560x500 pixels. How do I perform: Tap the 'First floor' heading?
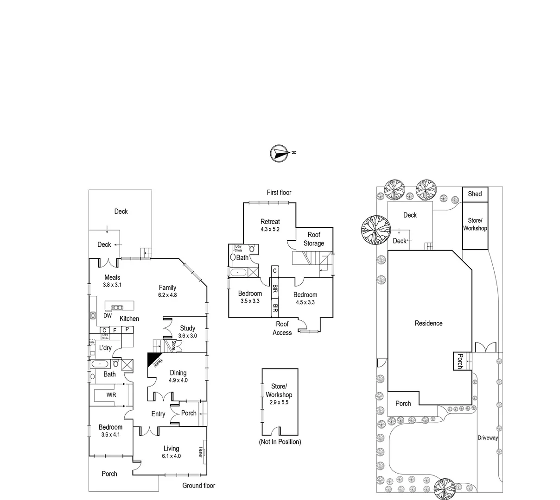[x=279, y=192]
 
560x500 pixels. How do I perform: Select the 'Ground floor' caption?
[x=198, y=485]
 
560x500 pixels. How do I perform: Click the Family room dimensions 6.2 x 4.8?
[x=167, y=295]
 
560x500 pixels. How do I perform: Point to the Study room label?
[x=188, y=328]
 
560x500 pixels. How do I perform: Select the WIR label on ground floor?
[x=111, y=395]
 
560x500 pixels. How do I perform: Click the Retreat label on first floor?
[x=270, y=222]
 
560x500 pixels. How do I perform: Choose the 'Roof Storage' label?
[x=314, y=239]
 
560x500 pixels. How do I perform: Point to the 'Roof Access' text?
[x=282, y=328]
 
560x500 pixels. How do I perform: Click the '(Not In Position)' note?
[x=280, y=442]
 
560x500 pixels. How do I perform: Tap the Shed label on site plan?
[x=475, y=194]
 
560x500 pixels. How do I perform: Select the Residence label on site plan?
[x=428, y=323]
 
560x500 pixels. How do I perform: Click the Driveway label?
[x=488, y=437]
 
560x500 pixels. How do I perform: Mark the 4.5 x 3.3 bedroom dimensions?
[x=305, y=302]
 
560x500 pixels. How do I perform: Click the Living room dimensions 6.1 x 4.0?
[x=171, y=456]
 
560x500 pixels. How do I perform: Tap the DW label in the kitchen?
[x=108, y=316]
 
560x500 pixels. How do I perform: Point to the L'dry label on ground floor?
[x=105, y=348]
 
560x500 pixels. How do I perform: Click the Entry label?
[x=158, y=414]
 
